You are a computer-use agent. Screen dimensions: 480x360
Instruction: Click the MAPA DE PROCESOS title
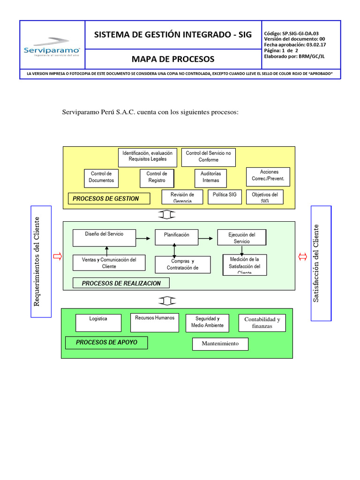(x=172, y=59)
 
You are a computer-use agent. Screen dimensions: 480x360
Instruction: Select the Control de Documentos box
(x=102, y=177)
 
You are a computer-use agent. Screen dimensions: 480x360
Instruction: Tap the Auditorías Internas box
(x=210, y=177)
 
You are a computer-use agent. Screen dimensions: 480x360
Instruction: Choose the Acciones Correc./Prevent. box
(x=269, y=176)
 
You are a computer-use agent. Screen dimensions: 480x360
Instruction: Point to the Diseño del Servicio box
(x=105, y=238)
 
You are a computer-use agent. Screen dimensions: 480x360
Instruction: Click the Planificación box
(x=177, y=237)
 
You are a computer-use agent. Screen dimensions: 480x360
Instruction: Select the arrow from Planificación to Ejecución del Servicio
(x=206, y=239)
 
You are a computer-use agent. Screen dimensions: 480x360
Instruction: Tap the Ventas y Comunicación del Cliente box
(x=109, y=263)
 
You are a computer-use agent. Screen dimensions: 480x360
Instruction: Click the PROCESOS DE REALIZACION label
(x=121, y=283)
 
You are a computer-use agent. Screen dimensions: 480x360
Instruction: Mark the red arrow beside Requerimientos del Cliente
(x=58, y=256)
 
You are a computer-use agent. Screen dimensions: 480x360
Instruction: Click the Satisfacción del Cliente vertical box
(x=321, y=263)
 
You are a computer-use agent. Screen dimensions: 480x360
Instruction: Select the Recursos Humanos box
(x=155, y=322)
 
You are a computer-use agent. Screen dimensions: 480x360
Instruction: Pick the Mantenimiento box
(x=220, y=344)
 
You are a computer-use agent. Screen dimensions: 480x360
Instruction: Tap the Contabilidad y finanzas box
(x=262, y=322)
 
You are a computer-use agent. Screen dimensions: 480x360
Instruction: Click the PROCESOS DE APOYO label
(x=106, y=343)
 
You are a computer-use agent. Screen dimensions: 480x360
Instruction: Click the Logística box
(x=98, y=322)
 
